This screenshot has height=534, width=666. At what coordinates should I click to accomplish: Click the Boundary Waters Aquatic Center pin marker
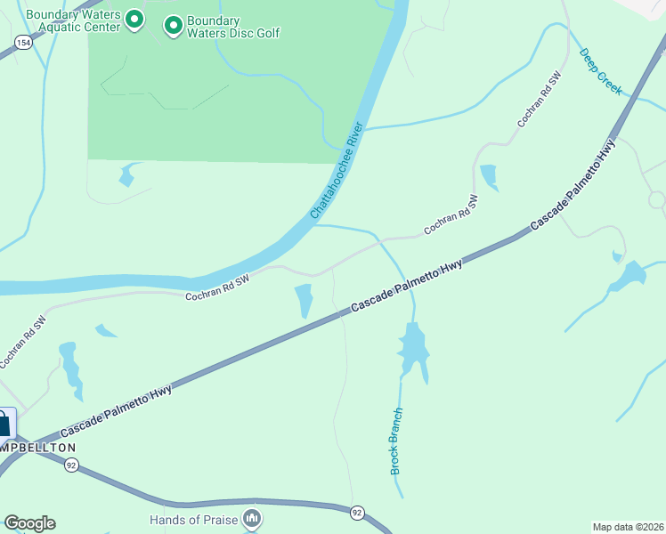(x=134, y=19)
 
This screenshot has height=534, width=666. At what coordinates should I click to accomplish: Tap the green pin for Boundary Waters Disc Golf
(x=173, y=26)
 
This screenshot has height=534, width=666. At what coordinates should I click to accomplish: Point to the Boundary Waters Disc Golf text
(x=233, y=27)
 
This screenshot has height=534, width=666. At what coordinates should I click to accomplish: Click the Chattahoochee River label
(x=338, y=171)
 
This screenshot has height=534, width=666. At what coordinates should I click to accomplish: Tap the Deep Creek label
(x=600, y=71)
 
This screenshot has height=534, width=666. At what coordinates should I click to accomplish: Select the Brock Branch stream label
(x=397, y=441)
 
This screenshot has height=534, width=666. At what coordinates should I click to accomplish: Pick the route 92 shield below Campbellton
(x=71, y=464)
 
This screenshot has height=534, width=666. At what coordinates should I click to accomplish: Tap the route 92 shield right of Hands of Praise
(x=356, y=513)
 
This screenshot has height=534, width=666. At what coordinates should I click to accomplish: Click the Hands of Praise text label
(x=195, y=519)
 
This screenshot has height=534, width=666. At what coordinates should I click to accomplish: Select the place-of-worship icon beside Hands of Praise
(x=253, y=518)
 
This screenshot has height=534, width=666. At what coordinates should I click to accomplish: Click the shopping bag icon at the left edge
(x=4, y=424)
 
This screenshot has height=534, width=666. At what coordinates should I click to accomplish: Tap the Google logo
(x=29, y=523)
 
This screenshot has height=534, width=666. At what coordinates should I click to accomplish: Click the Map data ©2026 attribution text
(x=627, y=526)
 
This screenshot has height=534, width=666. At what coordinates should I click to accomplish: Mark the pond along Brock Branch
(x=413, y=349)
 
